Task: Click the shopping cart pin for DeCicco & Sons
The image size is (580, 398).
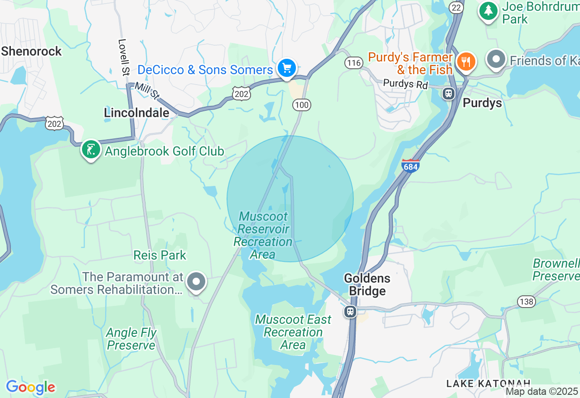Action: coord(286,69)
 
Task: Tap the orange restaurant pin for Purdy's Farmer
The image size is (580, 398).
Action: coord(465,61)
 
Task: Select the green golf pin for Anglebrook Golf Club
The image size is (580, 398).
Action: coord(91,150)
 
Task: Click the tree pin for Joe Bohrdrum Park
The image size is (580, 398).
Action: coord(488,10)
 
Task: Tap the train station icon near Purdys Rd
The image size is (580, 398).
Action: coord(449,94)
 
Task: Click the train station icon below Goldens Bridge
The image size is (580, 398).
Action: coord(350,311)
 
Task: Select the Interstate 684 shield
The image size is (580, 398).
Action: coord(410,166)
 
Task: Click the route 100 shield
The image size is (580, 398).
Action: coord(301,105)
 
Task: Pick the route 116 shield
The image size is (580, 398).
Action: coord(353,62)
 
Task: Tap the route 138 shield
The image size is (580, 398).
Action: coord(527,302)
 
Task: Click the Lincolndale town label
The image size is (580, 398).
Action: coord(136,113)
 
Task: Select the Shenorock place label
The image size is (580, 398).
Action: coord(31,51)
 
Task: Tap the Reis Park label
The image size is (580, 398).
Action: coord(159,255)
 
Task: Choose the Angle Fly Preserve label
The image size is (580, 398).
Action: coord(131,339)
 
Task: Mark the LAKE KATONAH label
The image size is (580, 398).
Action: coord(488,384)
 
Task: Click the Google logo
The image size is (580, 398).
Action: coord(30,387)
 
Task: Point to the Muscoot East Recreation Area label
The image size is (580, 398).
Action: coord(293,332)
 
